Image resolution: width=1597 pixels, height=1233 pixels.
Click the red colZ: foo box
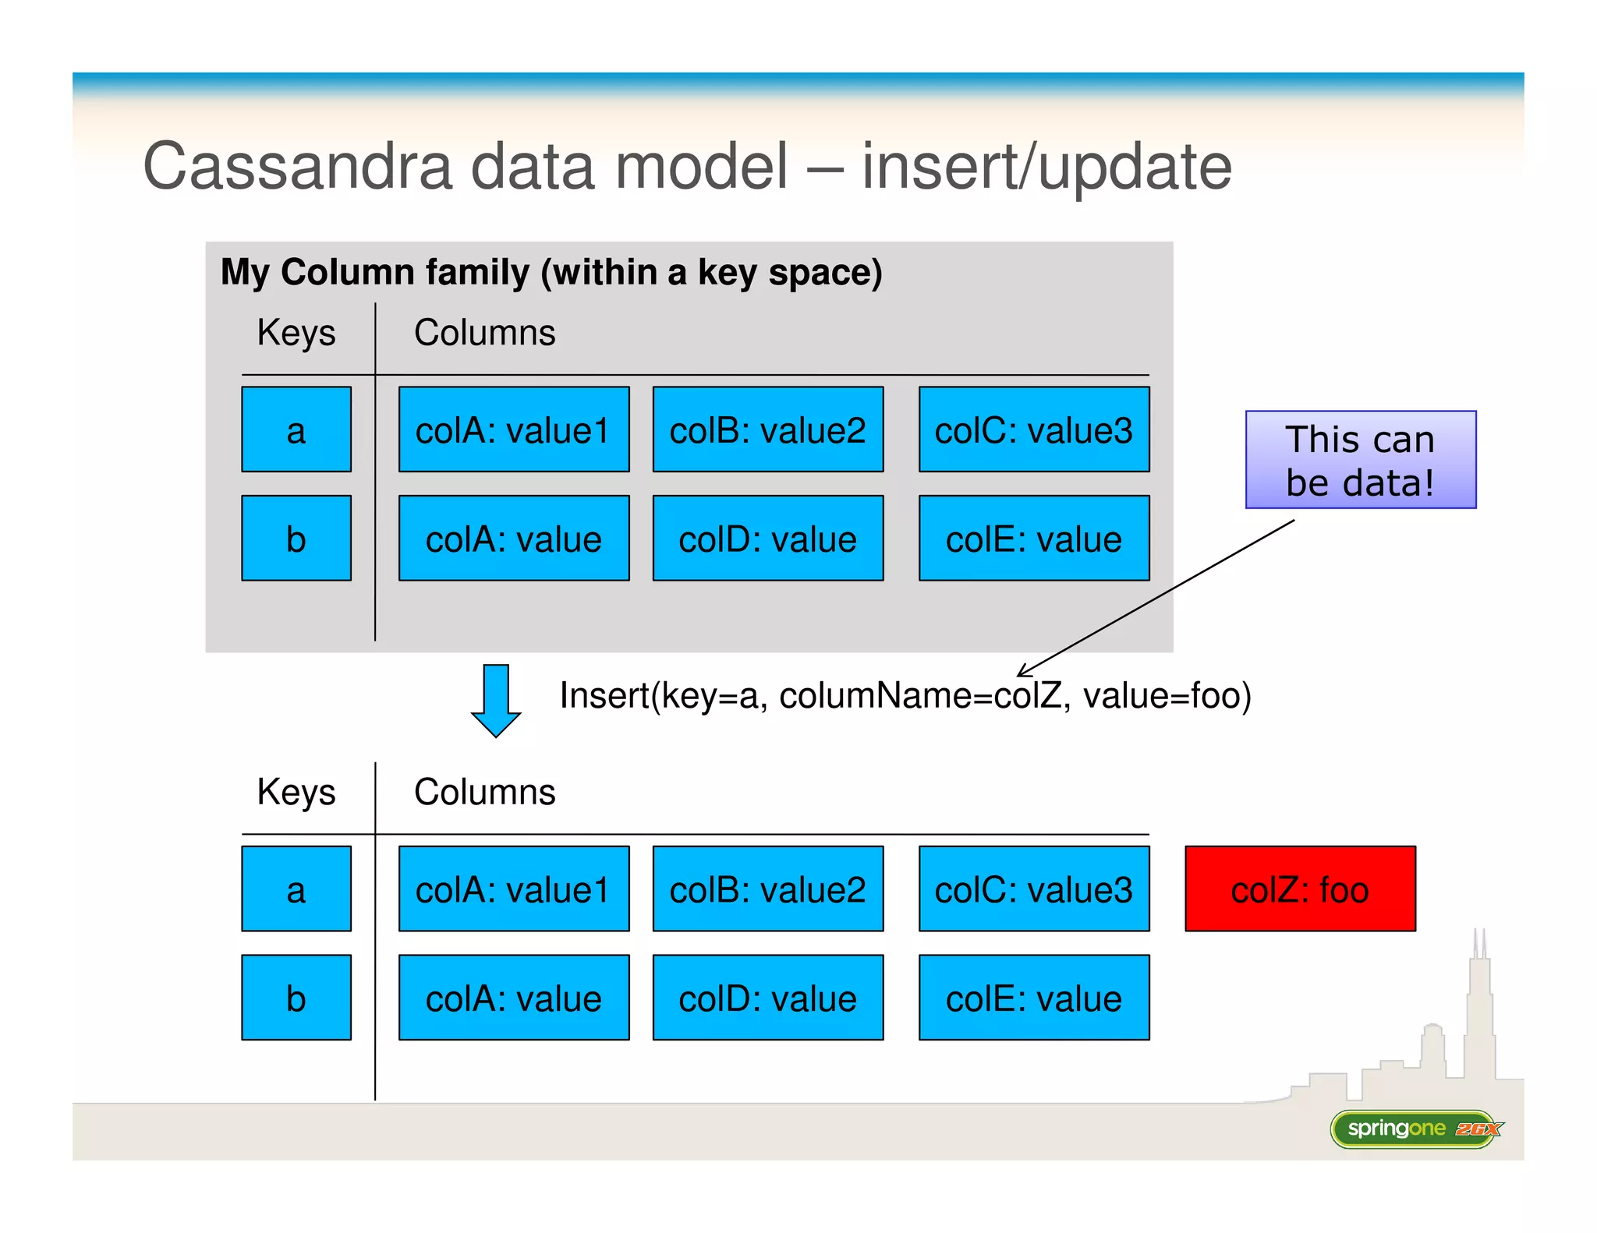[x=1299, y=889]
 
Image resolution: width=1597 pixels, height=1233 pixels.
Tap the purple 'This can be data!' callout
[x=1360, y=460]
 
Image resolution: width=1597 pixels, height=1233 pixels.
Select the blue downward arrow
[x=496, y=700]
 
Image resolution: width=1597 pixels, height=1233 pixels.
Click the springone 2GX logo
[x=1416, y=1129]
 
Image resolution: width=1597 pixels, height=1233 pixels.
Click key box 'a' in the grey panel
[x=296, y=429]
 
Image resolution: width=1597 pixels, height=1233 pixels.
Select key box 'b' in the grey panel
[x=296, y=538]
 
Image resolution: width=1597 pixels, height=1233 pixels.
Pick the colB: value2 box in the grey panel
[x=767, y=429]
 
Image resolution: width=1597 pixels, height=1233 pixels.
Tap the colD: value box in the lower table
[x=767, y=998]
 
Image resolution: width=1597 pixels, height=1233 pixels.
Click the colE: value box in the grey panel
[x=1033, y=538]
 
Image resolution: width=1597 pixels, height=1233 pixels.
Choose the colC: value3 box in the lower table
[x=1033, y=889]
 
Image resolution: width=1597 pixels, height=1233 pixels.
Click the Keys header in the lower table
[x=296, y=792]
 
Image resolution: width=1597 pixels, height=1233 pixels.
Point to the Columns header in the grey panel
[x=484, y=333]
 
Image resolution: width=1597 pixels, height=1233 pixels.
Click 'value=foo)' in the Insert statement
[x=1167, y=695]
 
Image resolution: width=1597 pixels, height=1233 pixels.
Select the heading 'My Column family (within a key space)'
[x=551, y=272]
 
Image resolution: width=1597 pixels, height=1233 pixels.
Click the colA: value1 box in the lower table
[x=513, y=889]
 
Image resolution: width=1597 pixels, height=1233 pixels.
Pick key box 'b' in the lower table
[x=296, y=998]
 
